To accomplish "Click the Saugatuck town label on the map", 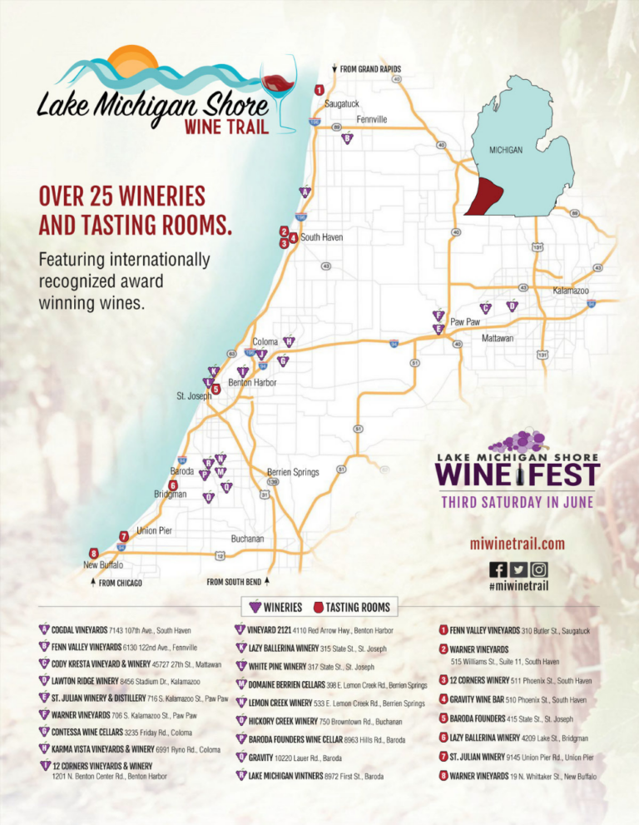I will coord(341,104).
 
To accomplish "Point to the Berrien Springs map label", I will coord(293,472).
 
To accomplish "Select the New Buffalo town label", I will coord(103,564).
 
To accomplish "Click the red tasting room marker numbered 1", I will coord(319,89).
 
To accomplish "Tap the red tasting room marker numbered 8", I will coord(94,553).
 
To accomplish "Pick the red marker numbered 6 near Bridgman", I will coord(173,485).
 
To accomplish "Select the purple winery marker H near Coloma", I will coord(289,341).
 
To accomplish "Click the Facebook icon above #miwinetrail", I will coord(498,569).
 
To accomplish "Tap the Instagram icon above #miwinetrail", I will coord(540,569).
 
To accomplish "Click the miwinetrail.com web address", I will coord(518,544).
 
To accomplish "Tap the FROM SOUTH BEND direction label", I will coord(237,582).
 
